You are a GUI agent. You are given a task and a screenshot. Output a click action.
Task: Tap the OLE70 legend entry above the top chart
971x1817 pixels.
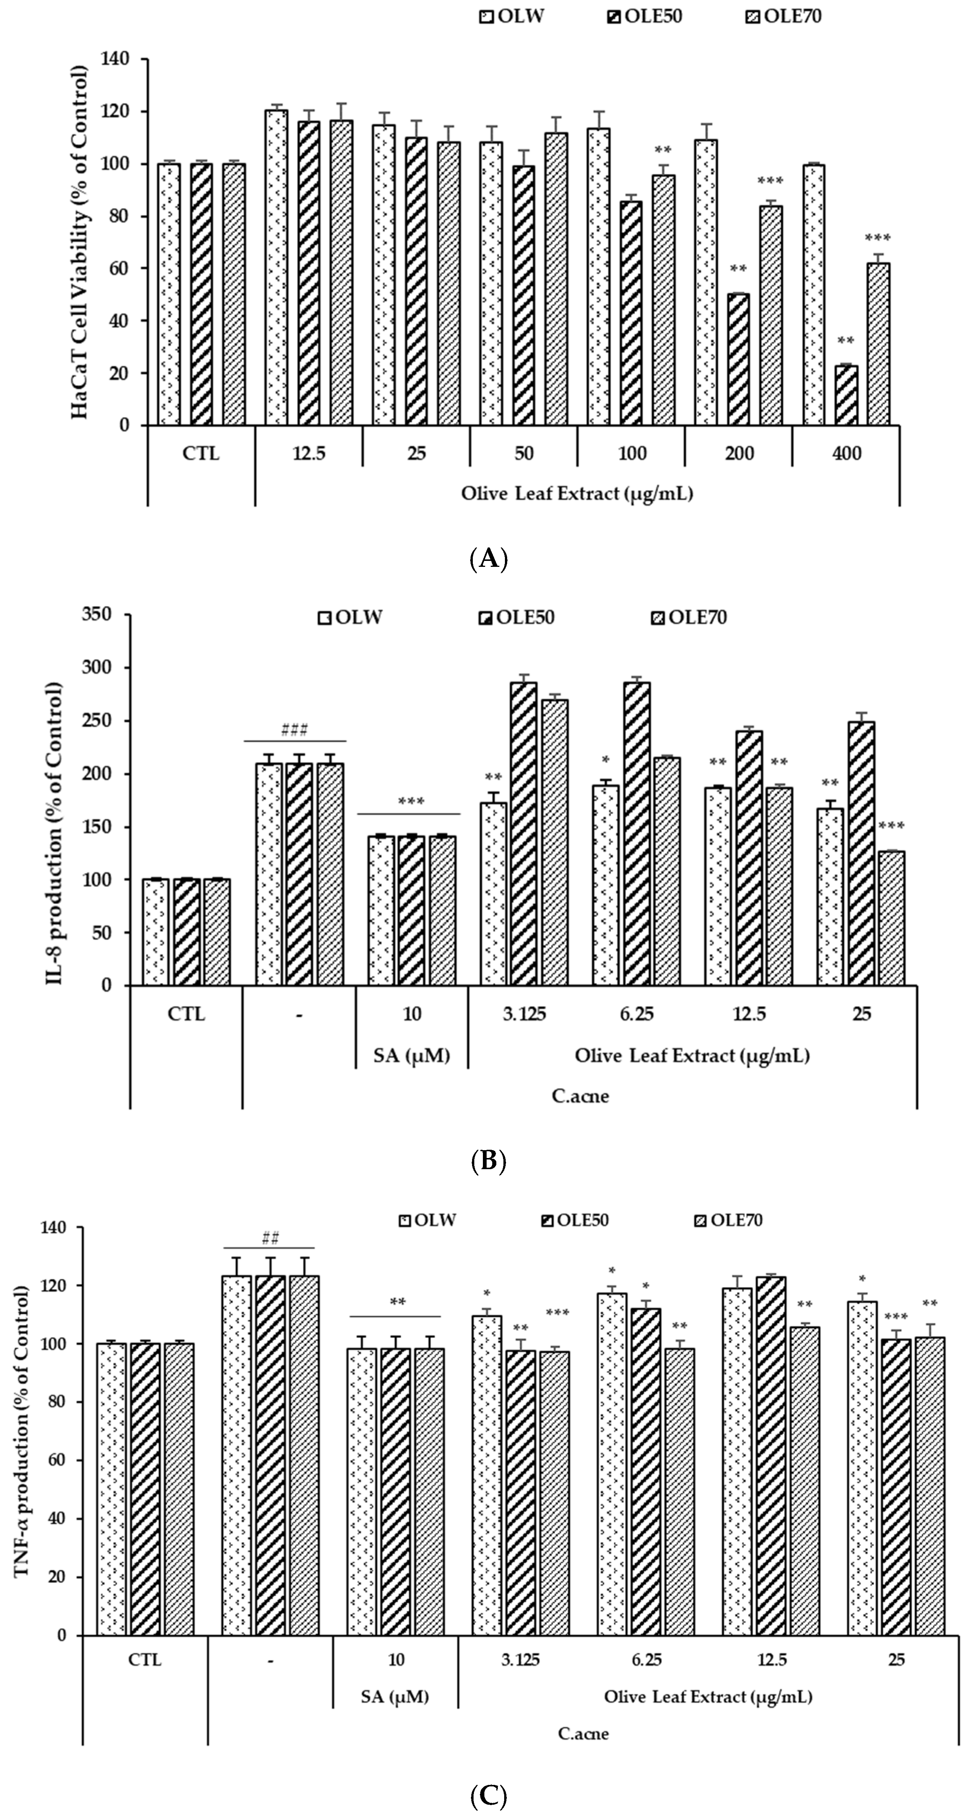pos(783,16)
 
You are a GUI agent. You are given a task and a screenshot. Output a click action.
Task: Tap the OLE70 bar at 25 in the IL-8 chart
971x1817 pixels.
pos(891,918)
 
